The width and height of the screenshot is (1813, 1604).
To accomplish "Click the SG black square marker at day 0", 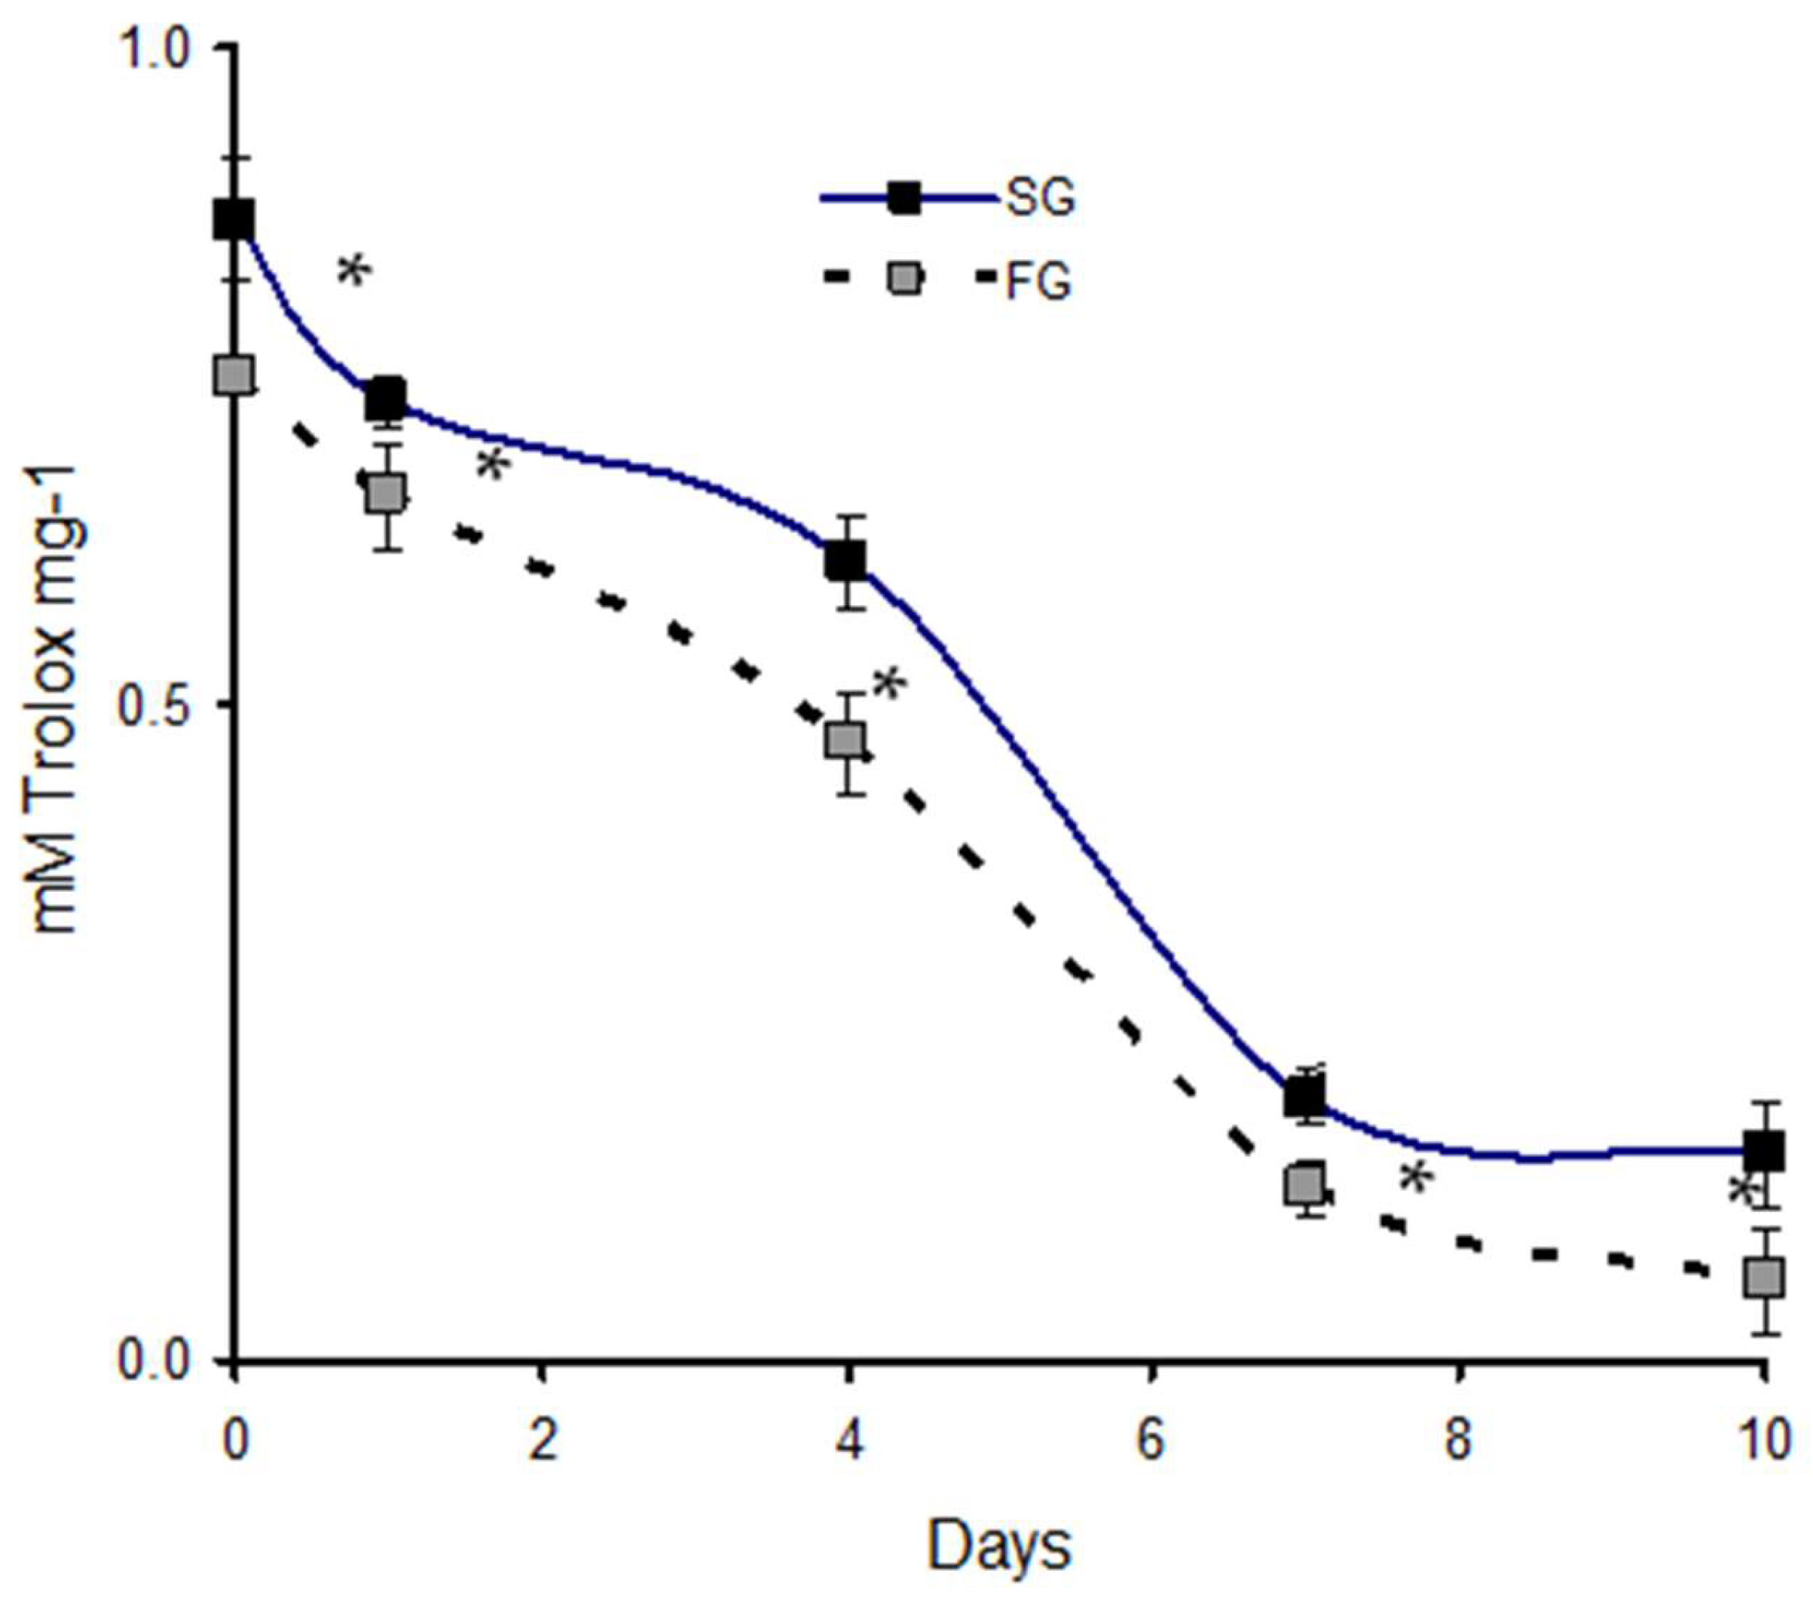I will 234,219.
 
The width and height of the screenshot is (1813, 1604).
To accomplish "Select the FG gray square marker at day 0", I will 234,375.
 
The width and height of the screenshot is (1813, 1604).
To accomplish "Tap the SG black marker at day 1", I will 387,399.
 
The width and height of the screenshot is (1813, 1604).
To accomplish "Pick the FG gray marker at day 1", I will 387,493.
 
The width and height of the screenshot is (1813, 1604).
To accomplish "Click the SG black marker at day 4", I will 846,561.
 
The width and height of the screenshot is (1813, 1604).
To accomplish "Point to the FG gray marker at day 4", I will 846,740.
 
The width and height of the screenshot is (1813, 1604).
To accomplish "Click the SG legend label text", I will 1040,199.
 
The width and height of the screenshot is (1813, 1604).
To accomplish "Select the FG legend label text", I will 1038,282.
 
